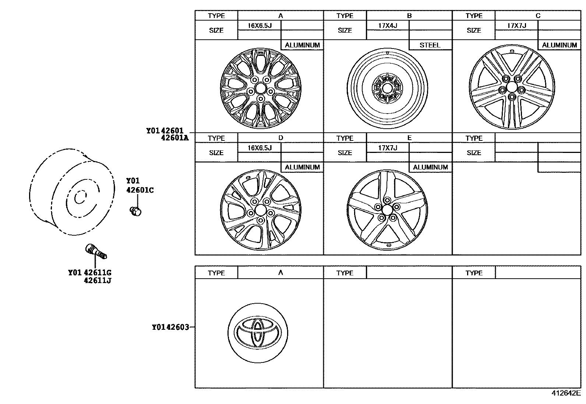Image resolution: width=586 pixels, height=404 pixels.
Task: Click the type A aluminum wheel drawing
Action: pyautogui.click(x=260, y=88)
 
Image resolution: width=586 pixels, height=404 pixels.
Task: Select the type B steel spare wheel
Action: pyautogui.click(x=387, y=88)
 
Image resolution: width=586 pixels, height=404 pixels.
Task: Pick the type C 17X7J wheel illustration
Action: pyautogui.click(x=512, y=87)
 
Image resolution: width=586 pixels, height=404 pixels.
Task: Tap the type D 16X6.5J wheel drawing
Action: pyautogui.click(x=261, y=210)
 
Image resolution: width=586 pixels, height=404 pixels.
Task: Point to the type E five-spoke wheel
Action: pyautogui.click(x=387, y=210)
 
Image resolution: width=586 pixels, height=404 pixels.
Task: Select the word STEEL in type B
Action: pyautogui.click(x=430, y=45)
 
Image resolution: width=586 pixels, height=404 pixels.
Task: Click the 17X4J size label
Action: pyautogui.click(x=388, y=26)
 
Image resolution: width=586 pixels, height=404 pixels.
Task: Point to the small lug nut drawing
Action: pyautogui.click(x=136, y=211)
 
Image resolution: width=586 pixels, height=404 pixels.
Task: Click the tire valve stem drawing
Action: pyautogui.click(x=96, y=251)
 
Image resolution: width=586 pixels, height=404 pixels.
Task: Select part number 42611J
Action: pyautogui.click(x=98, y=280)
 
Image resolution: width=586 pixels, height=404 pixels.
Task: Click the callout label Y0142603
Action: pyautogui.click(x=170, y=327)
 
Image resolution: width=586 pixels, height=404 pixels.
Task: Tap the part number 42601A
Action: pyautogui.click(x=174, y=138)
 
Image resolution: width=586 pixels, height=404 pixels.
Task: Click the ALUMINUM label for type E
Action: pyautogui.click(x=430, y=167)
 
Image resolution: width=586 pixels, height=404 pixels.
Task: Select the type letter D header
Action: pyautogui.click(x=280, y=138)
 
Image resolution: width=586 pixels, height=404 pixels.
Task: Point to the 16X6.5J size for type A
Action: pyautogui.click(x=259, y=26)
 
